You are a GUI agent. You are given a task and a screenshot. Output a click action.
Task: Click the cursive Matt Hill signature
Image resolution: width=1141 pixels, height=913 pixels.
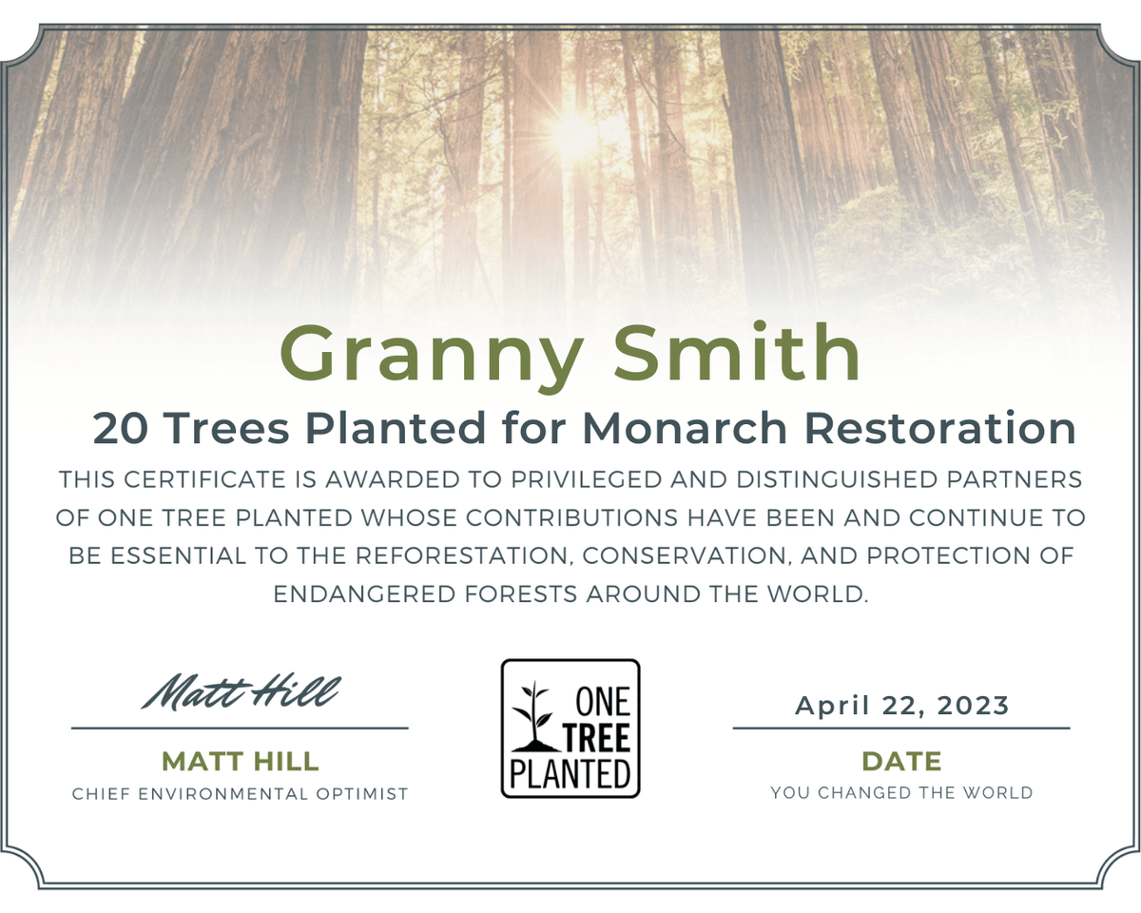coord(241,691)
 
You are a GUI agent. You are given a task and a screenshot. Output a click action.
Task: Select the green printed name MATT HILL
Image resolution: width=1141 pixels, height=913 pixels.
coord(241,762)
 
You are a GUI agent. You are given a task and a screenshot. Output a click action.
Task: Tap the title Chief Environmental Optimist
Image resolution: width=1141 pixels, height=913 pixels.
coord(241,793)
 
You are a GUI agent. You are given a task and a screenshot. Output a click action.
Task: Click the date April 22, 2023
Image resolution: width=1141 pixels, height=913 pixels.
coord(901,707)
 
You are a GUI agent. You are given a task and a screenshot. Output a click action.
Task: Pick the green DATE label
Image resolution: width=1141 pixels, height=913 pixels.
coord(901,762)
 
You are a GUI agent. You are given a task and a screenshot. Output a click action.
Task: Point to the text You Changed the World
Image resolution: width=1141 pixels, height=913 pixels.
coord(901,792)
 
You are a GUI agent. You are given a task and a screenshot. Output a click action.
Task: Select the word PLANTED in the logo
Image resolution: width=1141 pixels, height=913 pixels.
coord(570,773)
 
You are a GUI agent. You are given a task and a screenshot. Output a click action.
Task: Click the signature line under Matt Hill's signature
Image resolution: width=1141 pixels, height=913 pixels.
coord(241,728)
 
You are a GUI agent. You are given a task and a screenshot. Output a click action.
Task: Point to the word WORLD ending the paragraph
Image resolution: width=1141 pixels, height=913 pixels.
coord(822,595)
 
